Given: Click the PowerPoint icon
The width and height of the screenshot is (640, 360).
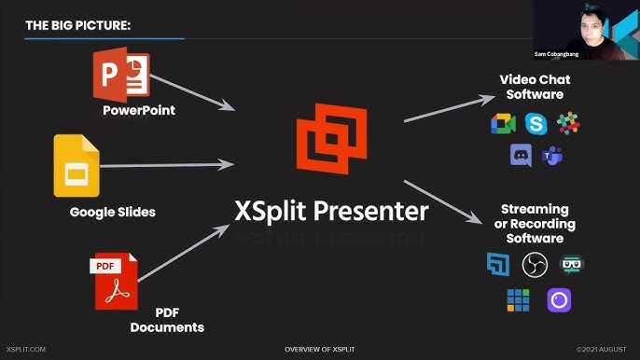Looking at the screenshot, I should (121, 76).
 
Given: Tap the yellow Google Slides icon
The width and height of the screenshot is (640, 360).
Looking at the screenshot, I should (77, 166).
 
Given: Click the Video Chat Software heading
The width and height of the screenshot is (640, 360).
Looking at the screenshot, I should (535, 87).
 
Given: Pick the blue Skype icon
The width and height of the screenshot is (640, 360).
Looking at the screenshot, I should (536, 122).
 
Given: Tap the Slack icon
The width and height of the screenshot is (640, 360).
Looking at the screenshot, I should (567, 122).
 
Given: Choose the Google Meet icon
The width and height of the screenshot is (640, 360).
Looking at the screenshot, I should (503, 123).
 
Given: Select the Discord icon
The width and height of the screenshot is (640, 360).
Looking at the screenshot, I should (520, 156).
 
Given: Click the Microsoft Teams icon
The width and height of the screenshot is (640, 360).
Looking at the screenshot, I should (552, 156).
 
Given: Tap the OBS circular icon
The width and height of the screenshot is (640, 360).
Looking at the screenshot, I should (535, 265).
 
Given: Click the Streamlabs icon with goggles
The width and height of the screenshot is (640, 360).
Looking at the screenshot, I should (570, 265).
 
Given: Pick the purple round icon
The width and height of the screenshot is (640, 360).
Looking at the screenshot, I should (559, 299).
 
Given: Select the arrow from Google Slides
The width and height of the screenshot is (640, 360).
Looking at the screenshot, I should (168, 166).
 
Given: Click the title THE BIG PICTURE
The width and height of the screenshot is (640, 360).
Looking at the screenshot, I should (77, 25).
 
